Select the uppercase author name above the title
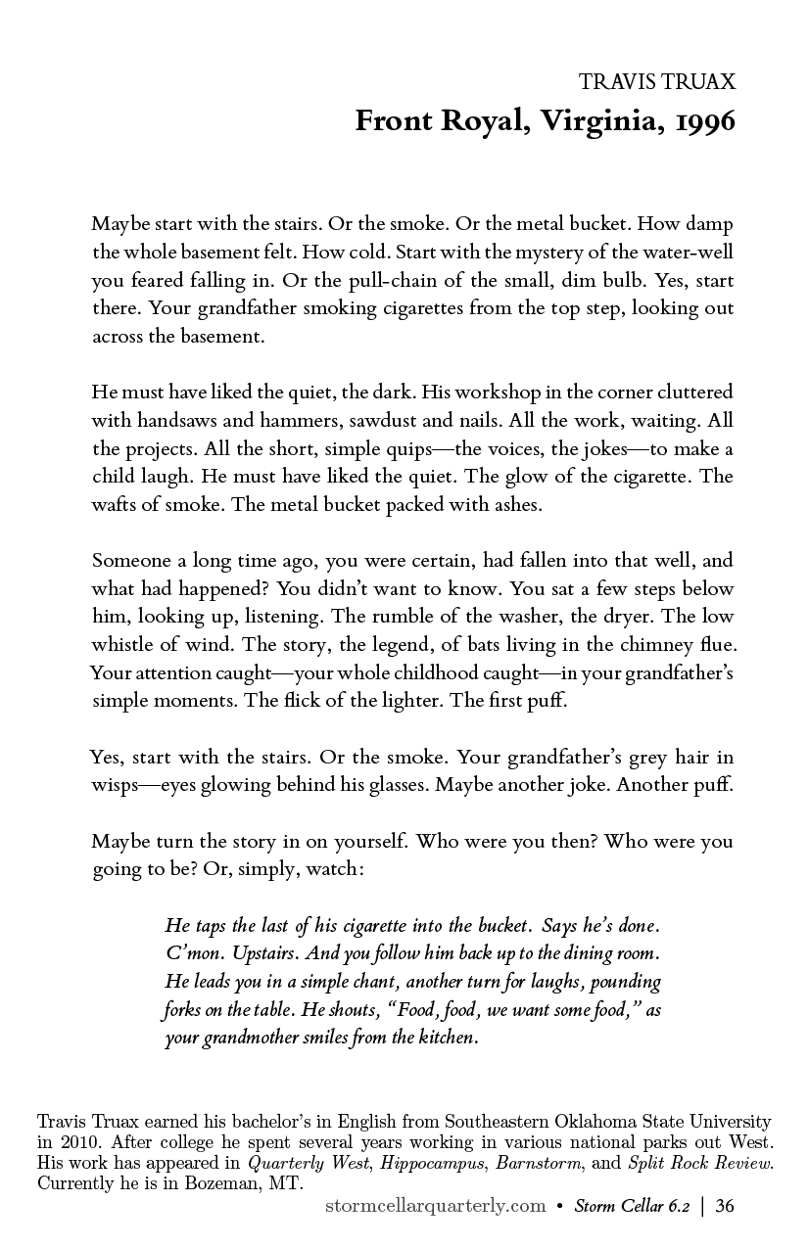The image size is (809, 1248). pos(657,82)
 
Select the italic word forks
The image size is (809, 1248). pos(182,1009)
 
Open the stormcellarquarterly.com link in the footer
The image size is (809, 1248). pos(435,1206)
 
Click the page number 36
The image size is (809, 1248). pos(725,1206)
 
